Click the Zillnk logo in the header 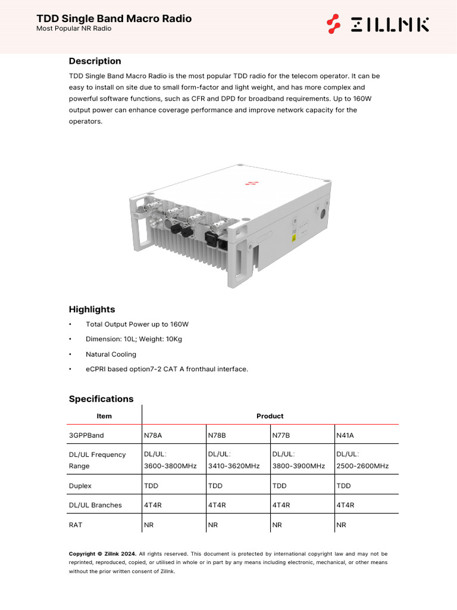378,24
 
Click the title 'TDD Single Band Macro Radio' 114,18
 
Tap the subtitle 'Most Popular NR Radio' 74,29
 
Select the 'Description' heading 95,61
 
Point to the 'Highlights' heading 92,309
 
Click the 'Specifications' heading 101,399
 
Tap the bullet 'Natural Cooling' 111,354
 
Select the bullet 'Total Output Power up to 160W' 137,325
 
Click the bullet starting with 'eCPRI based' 167,369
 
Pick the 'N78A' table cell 153,435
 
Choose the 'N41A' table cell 346,435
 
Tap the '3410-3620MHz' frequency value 234,466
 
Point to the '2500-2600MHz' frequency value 362,466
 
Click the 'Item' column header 104,416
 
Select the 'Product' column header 270,416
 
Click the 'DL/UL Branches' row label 95,505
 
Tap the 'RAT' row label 76,525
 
